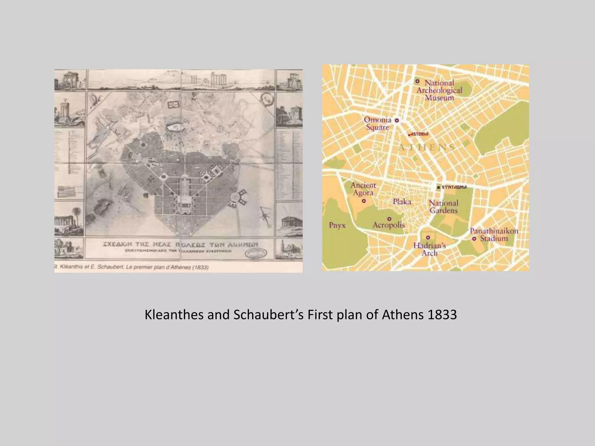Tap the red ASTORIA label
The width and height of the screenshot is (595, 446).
coord(419,134)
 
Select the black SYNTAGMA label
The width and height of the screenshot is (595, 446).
coord(454,187)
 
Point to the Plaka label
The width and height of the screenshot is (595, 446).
coord(402,202)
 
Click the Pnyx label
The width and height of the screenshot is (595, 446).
coord(337,225)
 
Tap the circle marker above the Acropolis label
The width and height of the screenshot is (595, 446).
coord(389,219)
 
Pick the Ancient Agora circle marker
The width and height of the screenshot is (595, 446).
coord(364,201)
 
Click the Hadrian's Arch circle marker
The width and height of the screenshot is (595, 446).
coord(428,238)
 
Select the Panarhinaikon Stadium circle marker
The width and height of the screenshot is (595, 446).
coord(474,239)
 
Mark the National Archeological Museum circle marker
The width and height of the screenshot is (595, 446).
coord(417,81)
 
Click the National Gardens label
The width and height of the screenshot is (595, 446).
coord(444,207)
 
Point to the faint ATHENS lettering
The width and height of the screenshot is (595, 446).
coord(426,147)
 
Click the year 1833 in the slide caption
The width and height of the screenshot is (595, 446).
coord(442,315)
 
